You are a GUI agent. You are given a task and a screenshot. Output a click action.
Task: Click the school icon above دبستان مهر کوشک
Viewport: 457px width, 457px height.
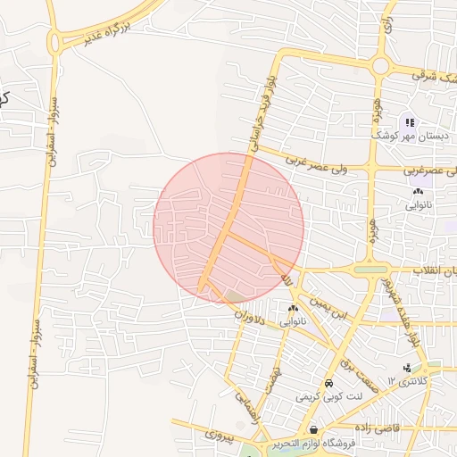pos(409,121)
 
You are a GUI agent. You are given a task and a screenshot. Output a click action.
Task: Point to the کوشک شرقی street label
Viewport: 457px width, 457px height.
pos(433,79)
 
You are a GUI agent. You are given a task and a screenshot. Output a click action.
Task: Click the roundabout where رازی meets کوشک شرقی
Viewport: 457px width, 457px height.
pos(381,65)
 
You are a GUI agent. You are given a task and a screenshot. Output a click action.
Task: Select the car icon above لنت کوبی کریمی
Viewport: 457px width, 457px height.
pos(329,383)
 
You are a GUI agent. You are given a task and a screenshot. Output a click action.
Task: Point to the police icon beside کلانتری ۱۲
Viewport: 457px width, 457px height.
pos(408,369)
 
